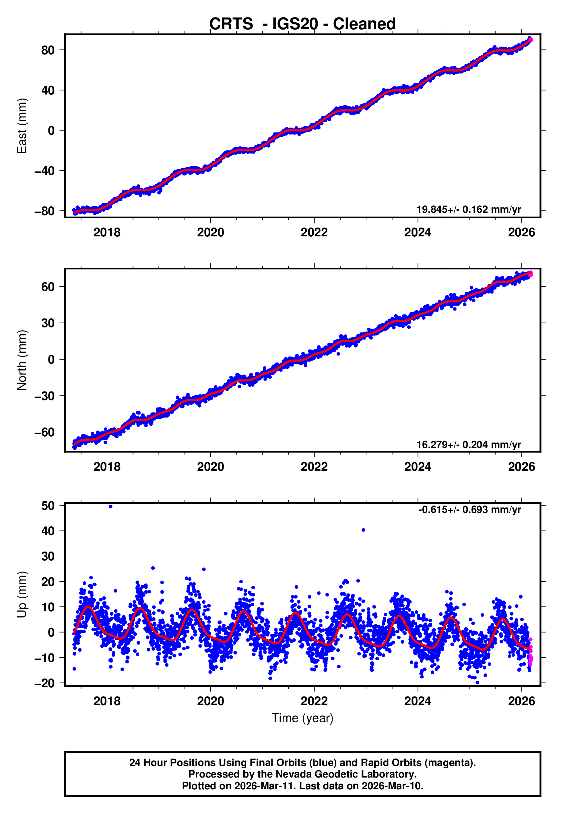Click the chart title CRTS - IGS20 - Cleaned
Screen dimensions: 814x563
tap(302, 24)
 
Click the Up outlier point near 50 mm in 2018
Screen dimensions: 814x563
tap(110, 507)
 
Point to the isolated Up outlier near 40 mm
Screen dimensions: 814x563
tap(363, 530)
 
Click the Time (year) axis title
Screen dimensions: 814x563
tap(302, 718)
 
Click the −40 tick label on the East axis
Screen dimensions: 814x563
tap(44, 171)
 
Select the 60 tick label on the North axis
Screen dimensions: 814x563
tap(48, 287)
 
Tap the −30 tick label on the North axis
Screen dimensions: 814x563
tap(44, 396)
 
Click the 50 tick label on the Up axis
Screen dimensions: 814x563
tap(48, 506)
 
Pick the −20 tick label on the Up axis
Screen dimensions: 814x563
tap(44, 683)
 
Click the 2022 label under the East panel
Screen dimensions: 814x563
tap(314, 232)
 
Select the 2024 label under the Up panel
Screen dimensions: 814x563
tap(418, 701)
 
